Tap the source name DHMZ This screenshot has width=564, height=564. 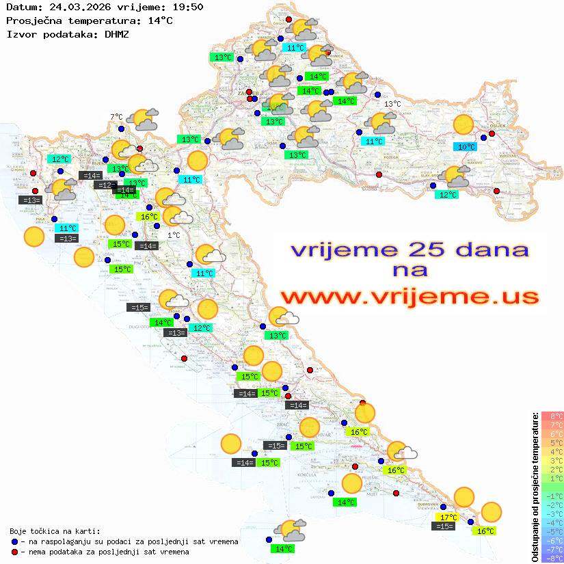pos(117,33)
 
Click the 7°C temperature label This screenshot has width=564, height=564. pos(116,117)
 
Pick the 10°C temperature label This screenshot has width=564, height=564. pos(466,146)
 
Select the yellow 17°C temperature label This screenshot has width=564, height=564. pos(448,517)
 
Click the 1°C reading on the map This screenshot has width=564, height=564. pos(174,234)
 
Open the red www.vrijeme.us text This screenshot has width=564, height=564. pos(409,297)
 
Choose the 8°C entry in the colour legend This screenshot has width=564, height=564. pos(552,416)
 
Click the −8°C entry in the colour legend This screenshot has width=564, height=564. pos(552,559)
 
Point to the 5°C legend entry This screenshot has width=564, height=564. pos(552,442)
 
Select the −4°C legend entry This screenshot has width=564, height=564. pos(552,522)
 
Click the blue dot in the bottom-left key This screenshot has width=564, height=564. pos(14,541)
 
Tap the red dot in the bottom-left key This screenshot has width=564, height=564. pos(14,551)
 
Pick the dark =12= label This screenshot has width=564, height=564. pos(105,185)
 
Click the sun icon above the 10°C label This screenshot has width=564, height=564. pos(464,124)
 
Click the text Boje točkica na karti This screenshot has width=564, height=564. pos(55,531)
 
